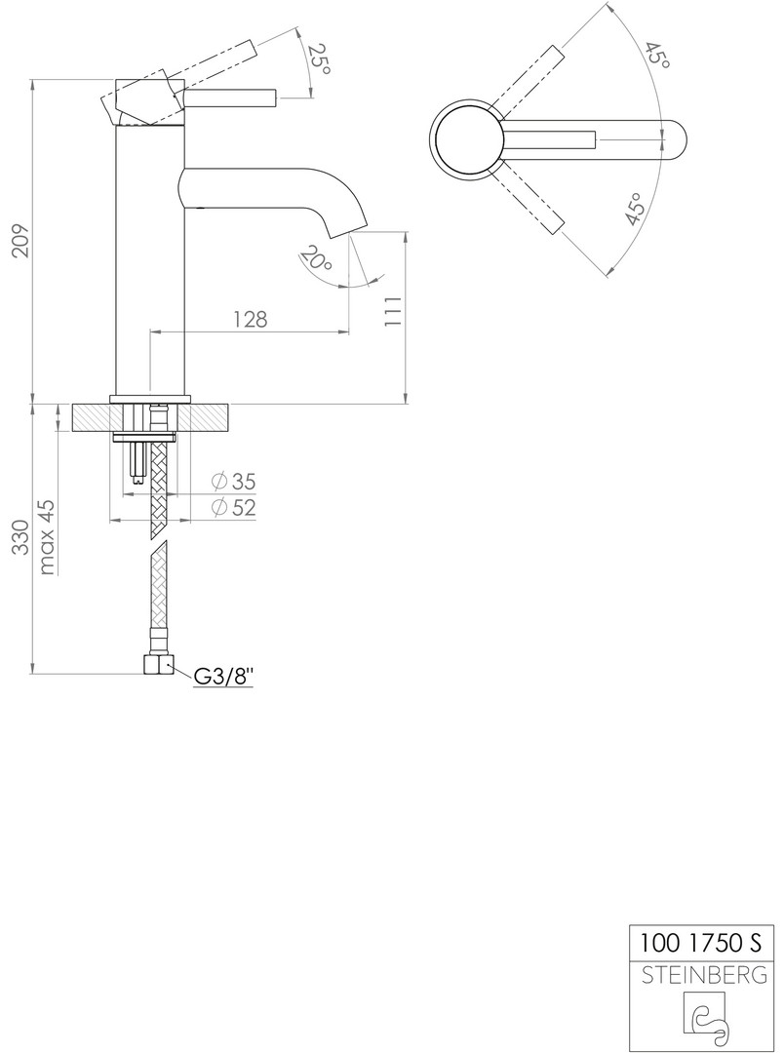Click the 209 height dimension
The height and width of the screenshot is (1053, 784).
[x=21, y=241]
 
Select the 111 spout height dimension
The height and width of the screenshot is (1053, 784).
[x=393, y=311]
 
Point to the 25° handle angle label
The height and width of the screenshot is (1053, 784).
[x=319, y=59]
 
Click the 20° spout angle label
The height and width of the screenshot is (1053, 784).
[x=316, y=258]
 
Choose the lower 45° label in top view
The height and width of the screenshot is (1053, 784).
[x=635, y=209]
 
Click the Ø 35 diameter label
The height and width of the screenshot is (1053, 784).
[x=233, y=482]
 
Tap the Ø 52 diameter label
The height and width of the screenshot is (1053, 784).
[x=233, y=508]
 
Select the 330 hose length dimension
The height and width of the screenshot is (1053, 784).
[x=21, y=537]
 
